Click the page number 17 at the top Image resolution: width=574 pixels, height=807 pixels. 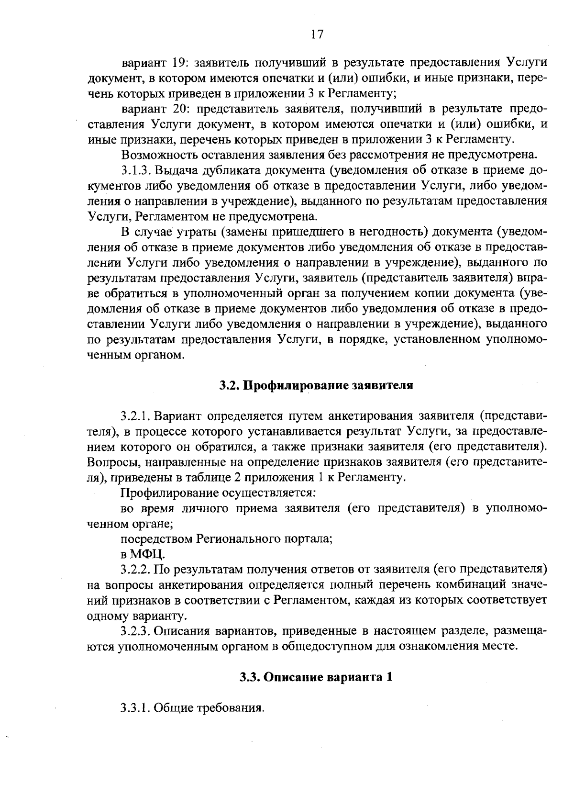click(317, 34)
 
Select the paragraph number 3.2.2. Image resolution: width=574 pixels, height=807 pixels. click(136, 570)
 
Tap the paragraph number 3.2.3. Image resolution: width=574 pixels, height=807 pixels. click(136, 631)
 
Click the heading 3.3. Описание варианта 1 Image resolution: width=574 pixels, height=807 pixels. click(316, 677)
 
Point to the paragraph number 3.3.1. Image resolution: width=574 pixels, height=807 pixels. click(135, 707)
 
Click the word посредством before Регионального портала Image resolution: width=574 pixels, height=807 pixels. click(157, 539)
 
